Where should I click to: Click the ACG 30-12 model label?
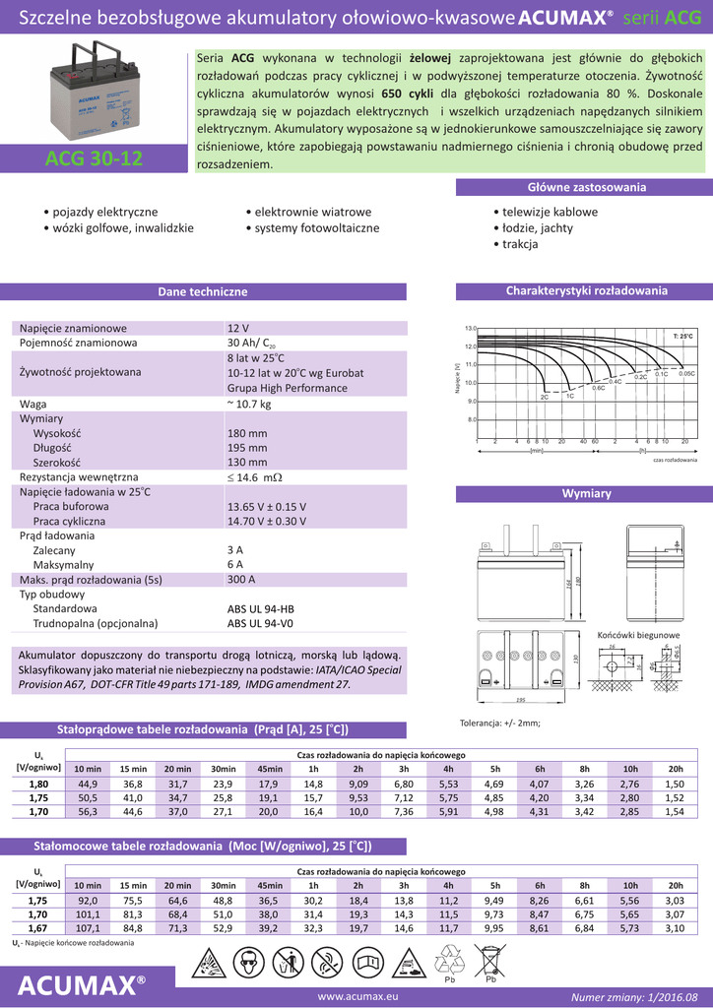[x=94, y=158]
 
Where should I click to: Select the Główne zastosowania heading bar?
[x=586, y=187]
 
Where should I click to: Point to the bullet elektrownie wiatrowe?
[x=308, y=212]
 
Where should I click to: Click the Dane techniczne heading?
[x=203, y=291]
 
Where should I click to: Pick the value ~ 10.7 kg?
[x=249, y=404]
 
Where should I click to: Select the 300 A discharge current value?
[x=241, y=580]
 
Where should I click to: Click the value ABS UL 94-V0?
[x=261, y=623]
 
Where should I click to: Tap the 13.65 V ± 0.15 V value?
[x=267, y=506]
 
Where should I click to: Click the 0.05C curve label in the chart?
[x=686, y=374]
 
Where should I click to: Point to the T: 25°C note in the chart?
[x=682, y=337]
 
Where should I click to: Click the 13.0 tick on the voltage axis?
[x=470, y=328]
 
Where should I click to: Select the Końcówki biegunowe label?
[x=638, y=635]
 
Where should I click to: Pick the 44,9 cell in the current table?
[x=88, y=784]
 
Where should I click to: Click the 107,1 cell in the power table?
[x=88, y=927]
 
